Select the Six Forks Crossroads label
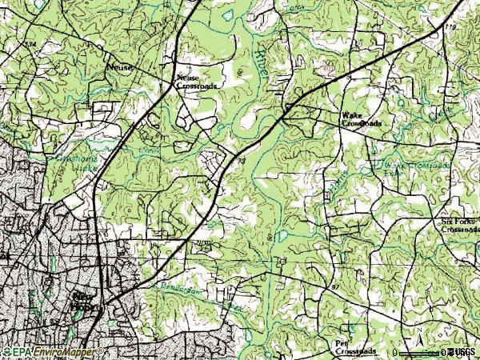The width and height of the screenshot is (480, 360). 460,224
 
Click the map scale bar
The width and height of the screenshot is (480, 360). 419,352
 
